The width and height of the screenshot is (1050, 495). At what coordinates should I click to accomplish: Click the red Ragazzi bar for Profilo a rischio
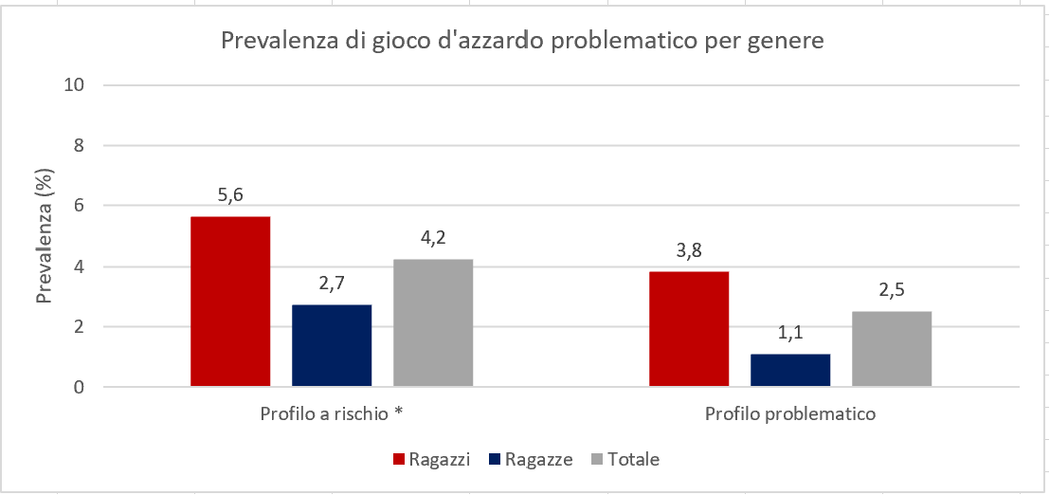(x=230, y=302)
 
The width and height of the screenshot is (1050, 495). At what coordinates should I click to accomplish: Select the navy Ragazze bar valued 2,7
(x=332, y=345)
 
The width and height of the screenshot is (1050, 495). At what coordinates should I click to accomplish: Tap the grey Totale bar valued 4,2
(x=433, y=322)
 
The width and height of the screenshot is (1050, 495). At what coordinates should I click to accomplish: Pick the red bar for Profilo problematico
(x=689, y=329)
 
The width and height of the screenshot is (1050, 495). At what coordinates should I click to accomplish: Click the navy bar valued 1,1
(x=790, y=370)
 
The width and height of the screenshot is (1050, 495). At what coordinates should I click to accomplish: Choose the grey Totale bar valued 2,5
(x=892, y=348)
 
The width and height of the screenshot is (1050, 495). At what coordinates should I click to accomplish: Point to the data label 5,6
(x=230, y=195)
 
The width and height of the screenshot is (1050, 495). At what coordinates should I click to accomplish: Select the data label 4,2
(x=433, y=238)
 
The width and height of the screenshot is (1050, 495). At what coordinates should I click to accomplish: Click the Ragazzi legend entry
(x=431, y=460)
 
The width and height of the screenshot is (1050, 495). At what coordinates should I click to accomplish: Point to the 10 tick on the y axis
(x=75, y=84)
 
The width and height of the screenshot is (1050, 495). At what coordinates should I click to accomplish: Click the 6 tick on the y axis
(x=80, y=206)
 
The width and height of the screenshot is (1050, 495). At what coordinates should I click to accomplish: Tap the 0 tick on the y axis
(x=80, y=387)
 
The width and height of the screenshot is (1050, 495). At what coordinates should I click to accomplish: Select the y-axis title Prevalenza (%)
(x=45, y=236)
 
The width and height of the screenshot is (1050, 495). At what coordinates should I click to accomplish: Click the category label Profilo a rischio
(x=332, y=414)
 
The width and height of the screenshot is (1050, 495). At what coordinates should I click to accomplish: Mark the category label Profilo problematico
(x=790, y=414)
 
